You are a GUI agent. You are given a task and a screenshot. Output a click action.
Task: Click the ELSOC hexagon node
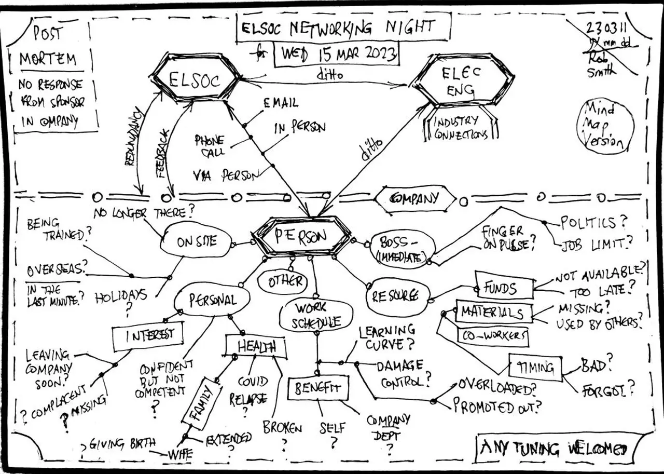tap(196, 79)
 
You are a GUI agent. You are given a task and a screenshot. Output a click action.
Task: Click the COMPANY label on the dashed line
tap(415, 198)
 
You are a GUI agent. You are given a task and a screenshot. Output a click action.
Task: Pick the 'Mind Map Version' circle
tap(605, 126)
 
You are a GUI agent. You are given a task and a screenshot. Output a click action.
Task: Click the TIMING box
tap(535, 367)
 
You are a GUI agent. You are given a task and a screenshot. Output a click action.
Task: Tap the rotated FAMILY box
tap(202, 404)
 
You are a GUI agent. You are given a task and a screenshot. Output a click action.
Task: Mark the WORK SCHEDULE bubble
tap(316, 315)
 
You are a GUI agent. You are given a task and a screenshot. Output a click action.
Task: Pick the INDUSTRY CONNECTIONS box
tap(461, 127)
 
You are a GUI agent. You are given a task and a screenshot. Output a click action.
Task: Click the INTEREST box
tap(148, 335)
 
